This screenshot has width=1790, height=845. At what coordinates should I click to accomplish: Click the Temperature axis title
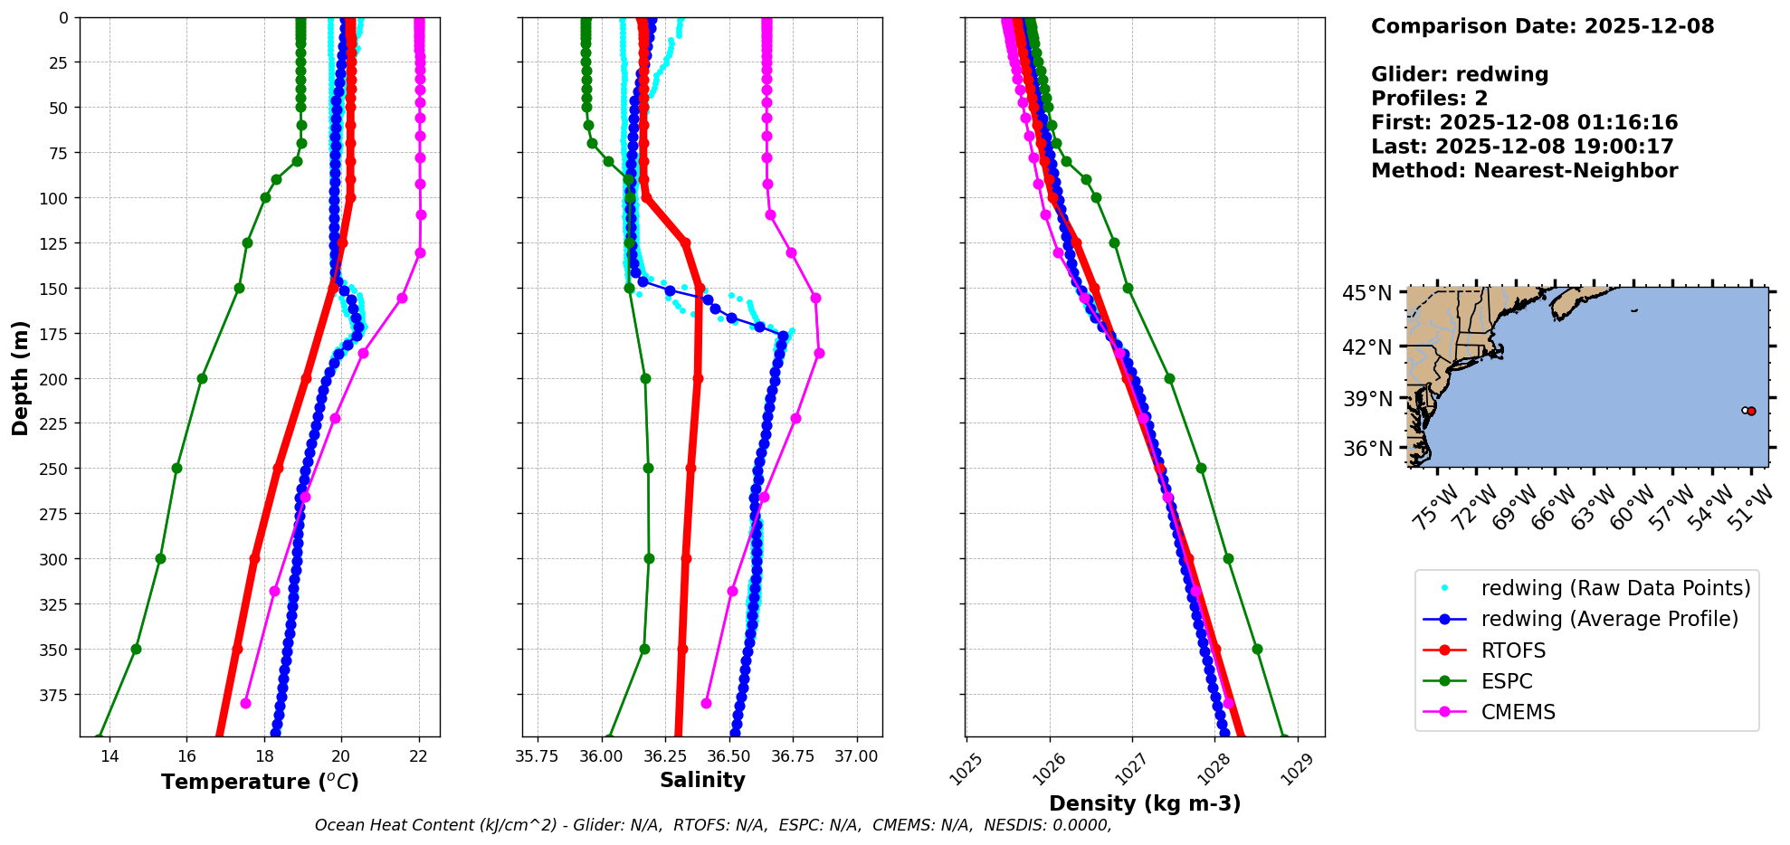[x=260, y=782]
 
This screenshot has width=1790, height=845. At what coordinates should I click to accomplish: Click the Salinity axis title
[x=702, y=780]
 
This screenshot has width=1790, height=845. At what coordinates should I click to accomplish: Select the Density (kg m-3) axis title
[x=1145, y=803]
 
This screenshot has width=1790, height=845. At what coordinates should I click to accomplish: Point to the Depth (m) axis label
[x=20, y=377]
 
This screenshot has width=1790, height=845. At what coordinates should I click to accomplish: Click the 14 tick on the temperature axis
[x=109, y=756]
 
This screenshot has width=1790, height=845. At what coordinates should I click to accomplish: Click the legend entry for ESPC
[x=1507, y=681]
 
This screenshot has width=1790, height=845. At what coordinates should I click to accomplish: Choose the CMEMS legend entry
[x=1518, y=712]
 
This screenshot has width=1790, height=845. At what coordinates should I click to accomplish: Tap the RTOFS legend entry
[x=1513, y=650]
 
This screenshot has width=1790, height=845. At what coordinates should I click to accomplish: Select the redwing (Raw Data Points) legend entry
[x=1614, y=588]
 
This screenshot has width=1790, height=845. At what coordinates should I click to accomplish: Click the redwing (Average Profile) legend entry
[x=1609, y=619]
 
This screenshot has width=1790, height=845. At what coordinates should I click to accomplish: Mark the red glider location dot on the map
[x=1751, y=411]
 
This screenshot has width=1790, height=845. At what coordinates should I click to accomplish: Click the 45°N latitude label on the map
[x=1366, y=293]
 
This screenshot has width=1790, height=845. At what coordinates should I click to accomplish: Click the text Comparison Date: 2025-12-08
[x=1542, y=26]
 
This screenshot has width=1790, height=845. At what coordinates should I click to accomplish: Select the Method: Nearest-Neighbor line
[x=1524, y=170]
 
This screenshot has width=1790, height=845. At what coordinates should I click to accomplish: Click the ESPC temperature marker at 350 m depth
[x=136, y=649]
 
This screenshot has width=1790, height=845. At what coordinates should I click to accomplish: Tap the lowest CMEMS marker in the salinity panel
[x=706, y=703]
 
